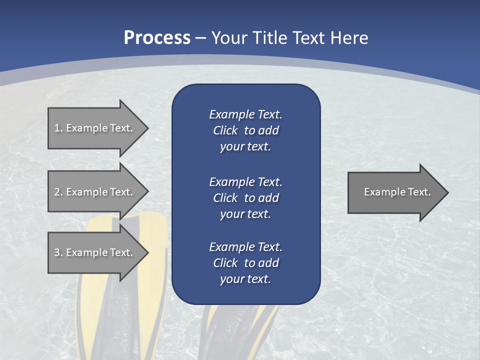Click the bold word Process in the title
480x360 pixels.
pos(157,38)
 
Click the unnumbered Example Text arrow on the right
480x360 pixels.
pos(395,192)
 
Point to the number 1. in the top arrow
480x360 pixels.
pos(58,128)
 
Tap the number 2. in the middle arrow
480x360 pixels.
pos(58,192)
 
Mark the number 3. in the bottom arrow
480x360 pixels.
pos(58,252)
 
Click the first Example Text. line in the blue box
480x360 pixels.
pos(245,114)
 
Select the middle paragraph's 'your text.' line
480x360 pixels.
pos(245,214)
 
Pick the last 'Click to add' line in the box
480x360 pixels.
pos(245,263)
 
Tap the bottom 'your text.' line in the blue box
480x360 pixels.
pos(245,279)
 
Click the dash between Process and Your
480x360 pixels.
pos(201,38)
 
